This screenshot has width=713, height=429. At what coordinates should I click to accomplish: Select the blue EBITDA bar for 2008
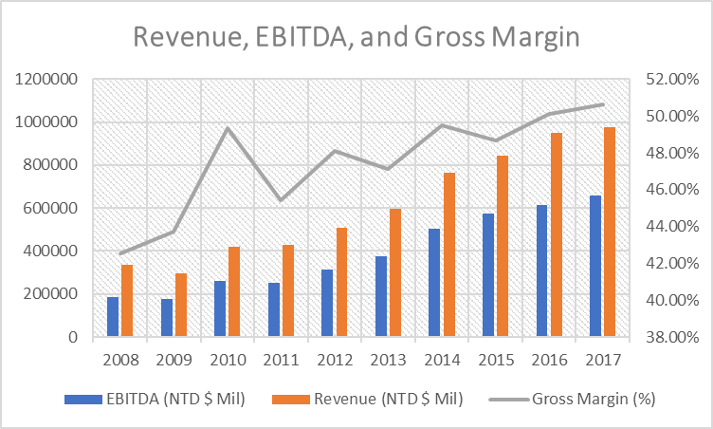coord(113,316)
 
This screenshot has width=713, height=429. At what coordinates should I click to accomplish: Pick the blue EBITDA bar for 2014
coord(434,283)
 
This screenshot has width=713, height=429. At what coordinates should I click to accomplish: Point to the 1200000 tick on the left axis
coord(46,80)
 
